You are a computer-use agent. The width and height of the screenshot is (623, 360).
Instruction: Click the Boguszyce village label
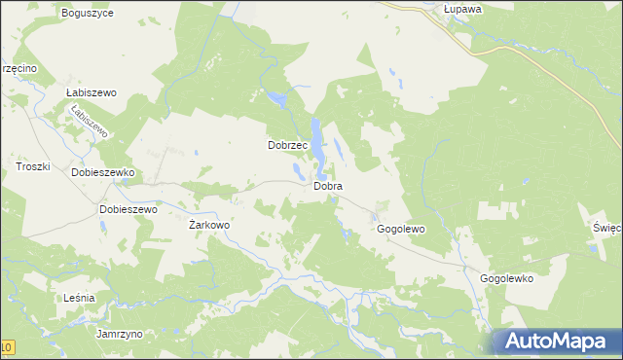(x=87, y=14)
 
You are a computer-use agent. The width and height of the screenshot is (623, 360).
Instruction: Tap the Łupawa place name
(x=449, y=9)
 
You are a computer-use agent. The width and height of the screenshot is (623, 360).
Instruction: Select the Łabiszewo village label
(x=92, y=92)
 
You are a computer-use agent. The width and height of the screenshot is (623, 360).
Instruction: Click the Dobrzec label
(x=288, y=145)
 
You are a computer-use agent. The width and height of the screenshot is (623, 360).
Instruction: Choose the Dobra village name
(x=327, y=185)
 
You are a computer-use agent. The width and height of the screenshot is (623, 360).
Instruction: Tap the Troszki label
(x=32, y=167)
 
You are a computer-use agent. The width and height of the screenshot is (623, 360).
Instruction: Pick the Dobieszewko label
(x=102, y=172)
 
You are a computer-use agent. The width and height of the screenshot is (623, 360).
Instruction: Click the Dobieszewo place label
(x=128, y=209)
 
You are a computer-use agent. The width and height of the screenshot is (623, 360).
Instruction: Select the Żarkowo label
(x=208, y=225)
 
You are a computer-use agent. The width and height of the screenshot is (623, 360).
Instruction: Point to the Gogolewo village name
(x=401, y=230)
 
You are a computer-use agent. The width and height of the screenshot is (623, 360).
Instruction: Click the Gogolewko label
(x=507, y=278)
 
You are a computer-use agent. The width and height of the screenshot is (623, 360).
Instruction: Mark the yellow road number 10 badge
(x=7, y=347)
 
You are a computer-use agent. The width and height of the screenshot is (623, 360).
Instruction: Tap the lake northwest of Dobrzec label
(x=279, y=99)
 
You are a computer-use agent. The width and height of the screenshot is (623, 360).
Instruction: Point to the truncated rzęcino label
(x=18, y=68)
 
